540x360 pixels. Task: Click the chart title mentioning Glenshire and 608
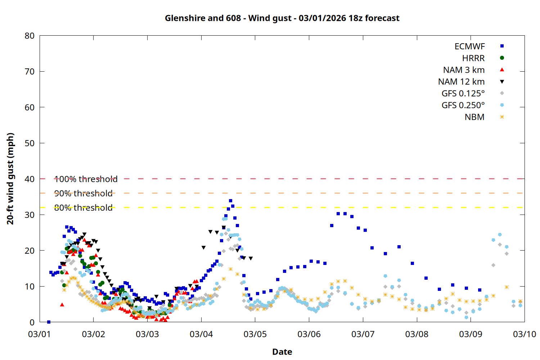pyautogui.click(x=282, y=18)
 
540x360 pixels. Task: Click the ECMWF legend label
pyautogui.click(x=469, y=46)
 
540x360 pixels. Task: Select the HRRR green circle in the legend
pyautogui.click(x=502, y=58)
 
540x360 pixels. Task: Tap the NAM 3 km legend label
pyautogui.click(x=464, y=70)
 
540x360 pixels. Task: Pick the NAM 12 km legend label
pyautogui.click(x=461, y=82)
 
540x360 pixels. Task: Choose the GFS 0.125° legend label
pyautogui.click(x=463, y=94)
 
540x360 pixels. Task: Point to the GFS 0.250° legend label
pyautogui.click(x=463, y=105)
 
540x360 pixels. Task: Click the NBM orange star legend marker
pyautogui.click(x=502, y=117)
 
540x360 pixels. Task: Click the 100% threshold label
pyautogui.click(x=86, y=179)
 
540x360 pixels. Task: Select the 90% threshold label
pyautogui.click(x=83, y=193)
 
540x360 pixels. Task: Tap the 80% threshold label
pyautogui.click(x=83, y=208)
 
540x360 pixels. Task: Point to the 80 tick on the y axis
pyautogui.click(x=30, y=36)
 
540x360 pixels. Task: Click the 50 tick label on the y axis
pyautogui.click(x=30, y=143)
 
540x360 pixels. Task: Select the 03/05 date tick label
pyautogui.click(x=255, y=334)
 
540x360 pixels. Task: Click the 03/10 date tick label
pyautogui.click(x=524, y=334)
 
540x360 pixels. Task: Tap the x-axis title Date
pyautogui.click(x=282, y=352)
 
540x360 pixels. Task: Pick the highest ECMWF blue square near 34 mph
pyautogui.click(x=230, y=201)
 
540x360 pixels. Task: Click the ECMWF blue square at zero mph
pyautogui.click(x=49, y=322)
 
